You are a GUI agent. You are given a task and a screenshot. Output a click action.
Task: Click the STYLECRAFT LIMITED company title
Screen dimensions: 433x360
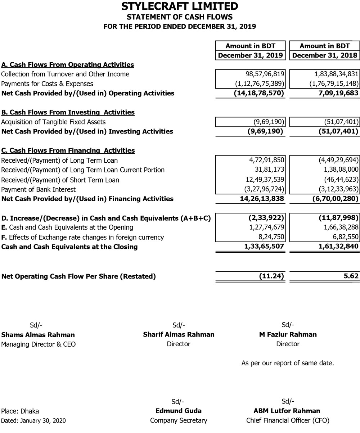(180, 6)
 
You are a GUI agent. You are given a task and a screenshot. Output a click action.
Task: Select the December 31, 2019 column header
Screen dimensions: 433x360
(251, 55)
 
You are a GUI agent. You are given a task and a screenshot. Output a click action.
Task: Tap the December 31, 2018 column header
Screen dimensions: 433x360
(325, 55)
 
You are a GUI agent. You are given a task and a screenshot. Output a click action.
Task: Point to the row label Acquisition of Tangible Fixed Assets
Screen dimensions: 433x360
(54, 122)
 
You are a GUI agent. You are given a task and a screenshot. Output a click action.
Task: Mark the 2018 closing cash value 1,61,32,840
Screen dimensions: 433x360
(334, 247)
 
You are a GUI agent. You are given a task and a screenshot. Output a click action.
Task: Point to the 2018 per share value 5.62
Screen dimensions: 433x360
(351, 276)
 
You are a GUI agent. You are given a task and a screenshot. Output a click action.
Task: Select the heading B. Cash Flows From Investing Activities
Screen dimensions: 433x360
(68, 112)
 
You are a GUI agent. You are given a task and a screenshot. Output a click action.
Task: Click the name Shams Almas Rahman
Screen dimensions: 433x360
(38, 335)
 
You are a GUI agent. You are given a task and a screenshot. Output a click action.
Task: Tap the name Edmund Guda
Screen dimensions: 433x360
(179, 411)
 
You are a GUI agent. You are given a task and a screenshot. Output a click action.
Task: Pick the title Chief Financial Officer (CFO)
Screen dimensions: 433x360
(288, 420)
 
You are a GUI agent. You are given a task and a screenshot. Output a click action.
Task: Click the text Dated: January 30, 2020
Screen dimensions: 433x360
(33, 420)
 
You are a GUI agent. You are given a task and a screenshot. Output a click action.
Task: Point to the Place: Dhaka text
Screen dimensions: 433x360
(20, 411)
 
